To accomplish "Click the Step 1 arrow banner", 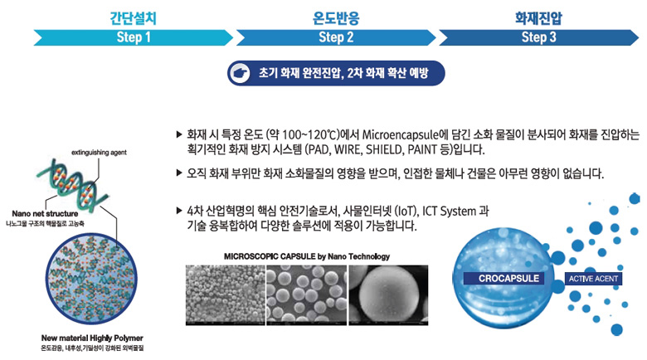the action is tap(134, 37).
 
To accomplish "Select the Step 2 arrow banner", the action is tap(336, 37).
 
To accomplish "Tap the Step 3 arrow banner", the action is tap(538, 37).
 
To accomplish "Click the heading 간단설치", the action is tap(133, 18).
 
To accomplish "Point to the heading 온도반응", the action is tap(336, 18).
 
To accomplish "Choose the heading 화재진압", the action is tap(538, 18).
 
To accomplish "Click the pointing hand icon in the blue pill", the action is tap(241, 74).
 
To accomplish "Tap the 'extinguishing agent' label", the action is tap(99, 153).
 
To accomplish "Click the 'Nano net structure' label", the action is tap(45, 213).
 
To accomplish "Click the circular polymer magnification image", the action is tap(91, 279).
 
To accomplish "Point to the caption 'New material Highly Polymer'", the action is tap(92, 338).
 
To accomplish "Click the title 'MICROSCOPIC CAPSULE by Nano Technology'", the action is tap(307, 256).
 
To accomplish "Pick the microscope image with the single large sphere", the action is tap(388, 295).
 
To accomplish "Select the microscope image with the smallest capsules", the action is tap(225, 295).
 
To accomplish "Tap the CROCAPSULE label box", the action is tap(508, 278).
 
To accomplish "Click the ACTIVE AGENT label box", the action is tap(593, 279).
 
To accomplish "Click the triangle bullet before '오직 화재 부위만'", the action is tap(179, 173).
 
